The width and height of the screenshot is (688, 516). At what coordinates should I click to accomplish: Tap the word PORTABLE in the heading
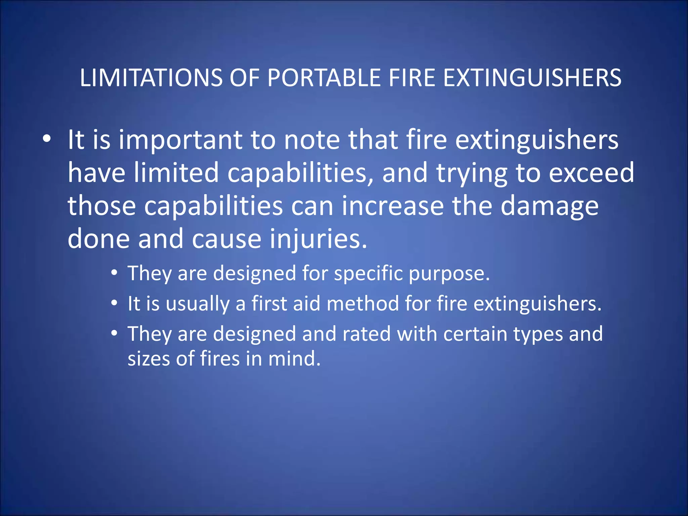324,78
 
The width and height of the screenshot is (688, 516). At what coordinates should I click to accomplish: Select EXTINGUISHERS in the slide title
532,78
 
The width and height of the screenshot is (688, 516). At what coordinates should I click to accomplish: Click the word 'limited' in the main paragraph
177,173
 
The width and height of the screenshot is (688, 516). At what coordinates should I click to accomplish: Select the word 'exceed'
591,173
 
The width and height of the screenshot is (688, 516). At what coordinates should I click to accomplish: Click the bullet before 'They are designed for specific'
115,272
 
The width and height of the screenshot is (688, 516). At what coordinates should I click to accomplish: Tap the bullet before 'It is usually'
115,303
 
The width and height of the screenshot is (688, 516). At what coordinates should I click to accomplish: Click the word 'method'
362,303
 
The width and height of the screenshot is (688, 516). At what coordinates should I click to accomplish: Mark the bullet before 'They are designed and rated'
115,334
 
